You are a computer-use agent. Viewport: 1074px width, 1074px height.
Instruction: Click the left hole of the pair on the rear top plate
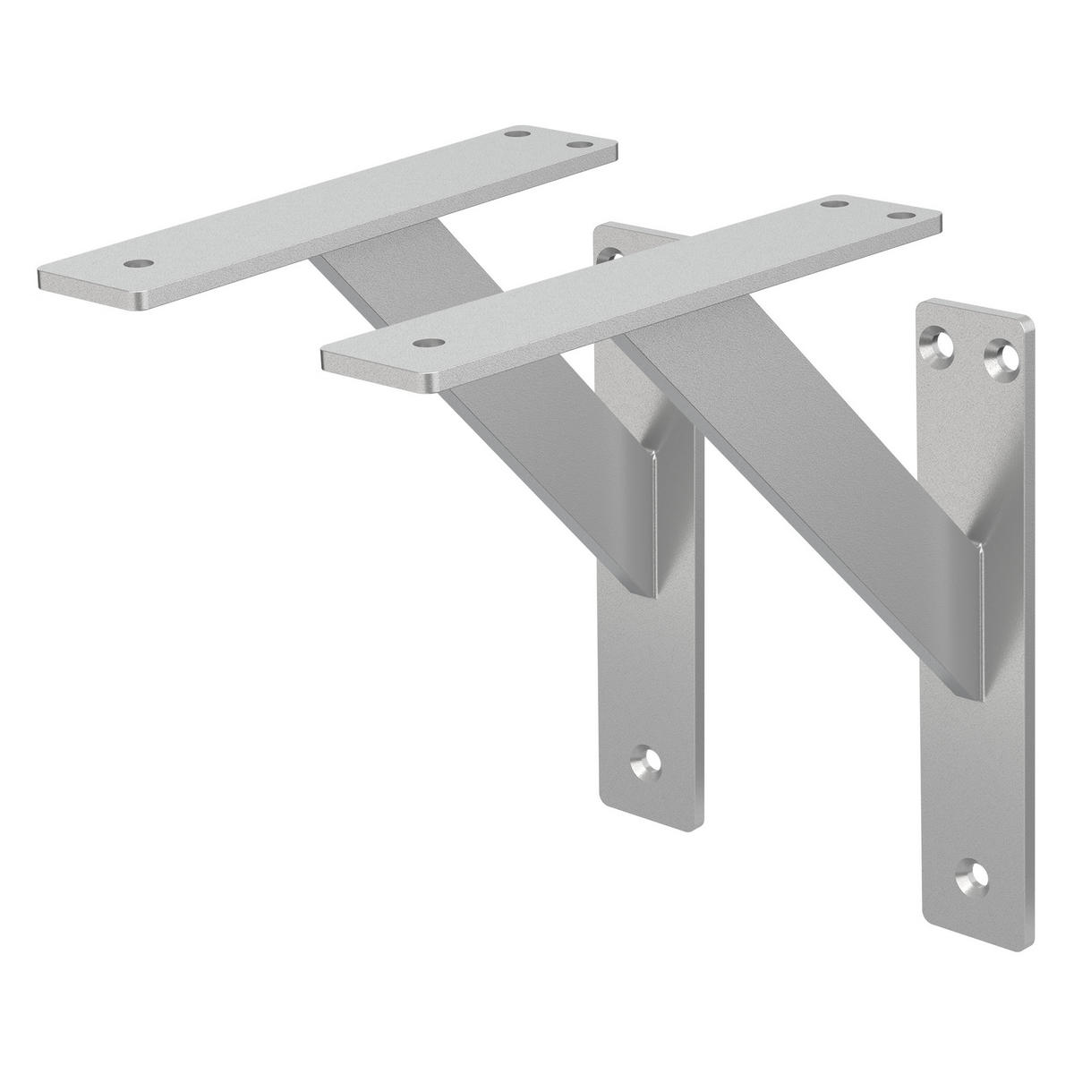click(516, 133)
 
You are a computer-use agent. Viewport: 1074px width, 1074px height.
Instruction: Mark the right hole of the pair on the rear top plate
click(581, 144)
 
